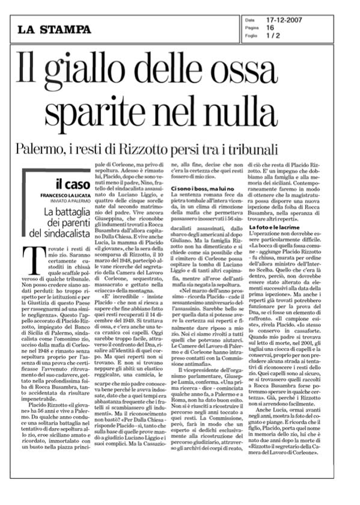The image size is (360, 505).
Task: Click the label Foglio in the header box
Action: tap(251, 35)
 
